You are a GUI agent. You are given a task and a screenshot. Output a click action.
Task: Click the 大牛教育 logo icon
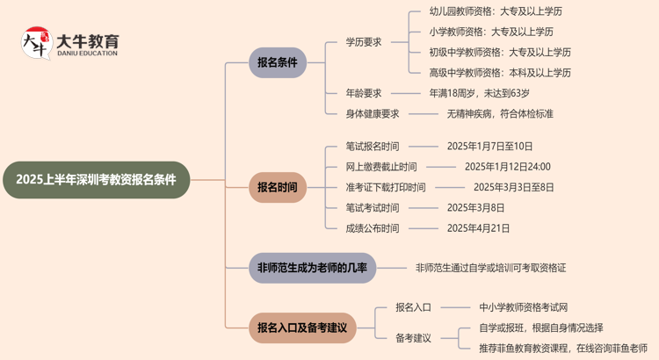pos(34,44)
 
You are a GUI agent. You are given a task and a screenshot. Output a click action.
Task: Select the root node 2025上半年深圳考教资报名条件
pos(96,179)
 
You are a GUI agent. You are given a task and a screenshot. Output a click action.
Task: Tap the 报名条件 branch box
pos(277,62)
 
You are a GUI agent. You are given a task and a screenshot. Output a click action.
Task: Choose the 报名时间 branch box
pos(277,187)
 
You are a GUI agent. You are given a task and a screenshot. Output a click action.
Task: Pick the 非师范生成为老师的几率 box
pos(312,267)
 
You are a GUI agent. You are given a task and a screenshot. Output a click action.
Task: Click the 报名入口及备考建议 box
pos(302,328)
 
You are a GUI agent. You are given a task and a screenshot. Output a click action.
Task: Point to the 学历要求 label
pos(364,41)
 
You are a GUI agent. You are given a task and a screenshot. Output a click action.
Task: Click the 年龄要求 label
pos(364,92)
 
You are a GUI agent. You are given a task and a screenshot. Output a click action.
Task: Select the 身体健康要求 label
pos(373,113)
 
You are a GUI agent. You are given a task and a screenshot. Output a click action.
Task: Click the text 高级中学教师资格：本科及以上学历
pos(500,73)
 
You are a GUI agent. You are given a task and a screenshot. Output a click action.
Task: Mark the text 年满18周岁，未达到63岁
pos(479,92)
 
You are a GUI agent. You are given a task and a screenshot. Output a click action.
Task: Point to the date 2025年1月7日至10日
pos(489,147)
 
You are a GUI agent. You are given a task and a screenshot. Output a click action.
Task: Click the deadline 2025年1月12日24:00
pos(507,167)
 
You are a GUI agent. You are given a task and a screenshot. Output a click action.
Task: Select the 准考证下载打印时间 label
pos(386,187)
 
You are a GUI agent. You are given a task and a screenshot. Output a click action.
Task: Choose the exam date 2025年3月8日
pos(475,208)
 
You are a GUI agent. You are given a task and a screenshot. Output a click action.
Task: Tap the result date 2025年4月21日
pos(478,228)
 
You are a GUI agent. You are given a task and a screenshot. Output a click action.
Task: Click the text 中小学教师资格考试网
pos(524,307)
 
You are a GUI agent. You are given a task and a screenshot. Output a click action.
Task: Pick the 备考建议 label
pos(413,337)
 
